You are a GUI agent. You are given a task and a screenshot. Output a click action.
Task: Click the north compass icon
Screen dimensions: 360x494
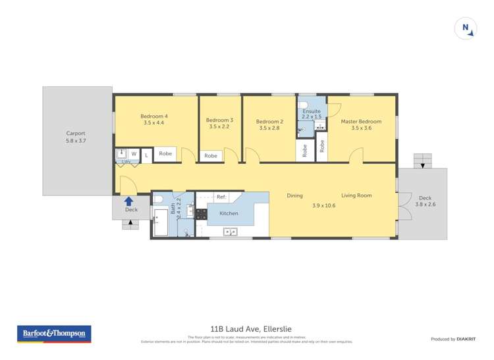coord(466,28)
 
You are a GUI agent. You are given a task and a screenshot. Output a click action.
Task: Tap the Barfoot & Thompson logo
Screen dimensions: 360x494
coord(54,334)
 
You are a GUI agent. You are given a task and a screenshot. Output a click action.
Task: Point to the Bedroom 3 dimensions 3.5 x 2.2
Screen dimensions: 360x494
coord(219,127)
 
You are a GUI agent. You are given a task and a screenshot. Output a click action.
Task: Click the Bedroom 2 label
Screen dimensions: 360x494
coord(269,121)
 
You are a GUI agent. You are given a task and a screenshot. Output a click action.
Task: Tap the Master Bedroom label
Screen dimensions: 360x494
coord(361,121)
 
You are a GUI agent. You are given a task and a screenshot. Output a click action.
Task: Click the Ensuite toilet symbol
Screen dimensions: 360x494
coord(304,105)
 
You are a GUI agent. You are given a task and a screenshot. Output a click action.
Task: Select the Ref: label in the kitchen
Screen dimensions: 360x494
coord(221,197)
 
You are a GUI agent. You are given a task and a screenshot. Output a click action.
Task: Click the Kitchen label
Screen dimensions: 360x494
coord(229,214)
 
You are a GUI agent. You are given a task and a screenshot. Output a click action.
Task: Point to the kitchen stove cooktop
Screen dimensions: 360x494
coord(202,213)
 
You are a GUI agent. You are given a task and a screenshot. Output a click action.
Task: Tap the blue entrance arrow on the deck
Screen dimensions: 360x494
coord(129,201)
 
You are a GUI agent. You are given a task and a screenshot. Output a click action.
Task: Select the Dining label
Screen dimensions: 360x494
coord(294,195)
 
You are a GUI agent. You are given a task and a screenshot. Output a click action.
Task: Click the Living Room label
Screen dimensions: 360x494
coord(356,195)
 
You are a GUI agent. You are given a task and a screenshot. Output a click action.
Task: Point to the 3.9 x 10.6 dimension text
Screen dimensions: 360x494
coord(323,206)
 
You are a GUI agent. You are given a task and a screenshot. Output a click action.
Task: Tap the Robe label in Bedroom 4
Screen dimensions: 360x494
coord(165,154)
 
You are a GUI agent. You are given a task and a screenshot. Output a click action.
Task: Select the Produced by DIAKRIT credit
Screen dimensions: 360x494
coord(452,339)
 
